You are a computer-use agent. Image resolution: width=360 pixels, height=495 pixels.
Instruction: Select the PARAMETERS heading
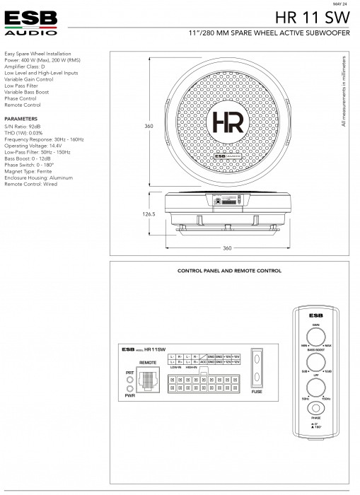point(21,119)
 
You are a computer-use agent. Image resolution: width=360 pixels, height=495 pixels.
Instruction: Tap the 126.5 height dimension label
point(148,214)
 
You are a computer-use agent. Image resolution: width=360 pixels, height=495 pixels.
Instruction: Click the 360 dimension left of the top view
point(149,126)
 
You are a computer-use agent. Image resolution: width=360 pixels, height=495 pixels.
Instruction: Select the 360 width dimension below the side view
point(227,248)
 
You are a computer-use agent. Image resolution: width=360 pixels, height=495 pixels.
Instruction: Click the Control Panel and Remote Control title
point(228,271)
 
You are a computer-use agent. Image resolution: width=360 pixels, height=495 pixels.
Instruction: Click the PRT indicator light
point(129,379)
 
